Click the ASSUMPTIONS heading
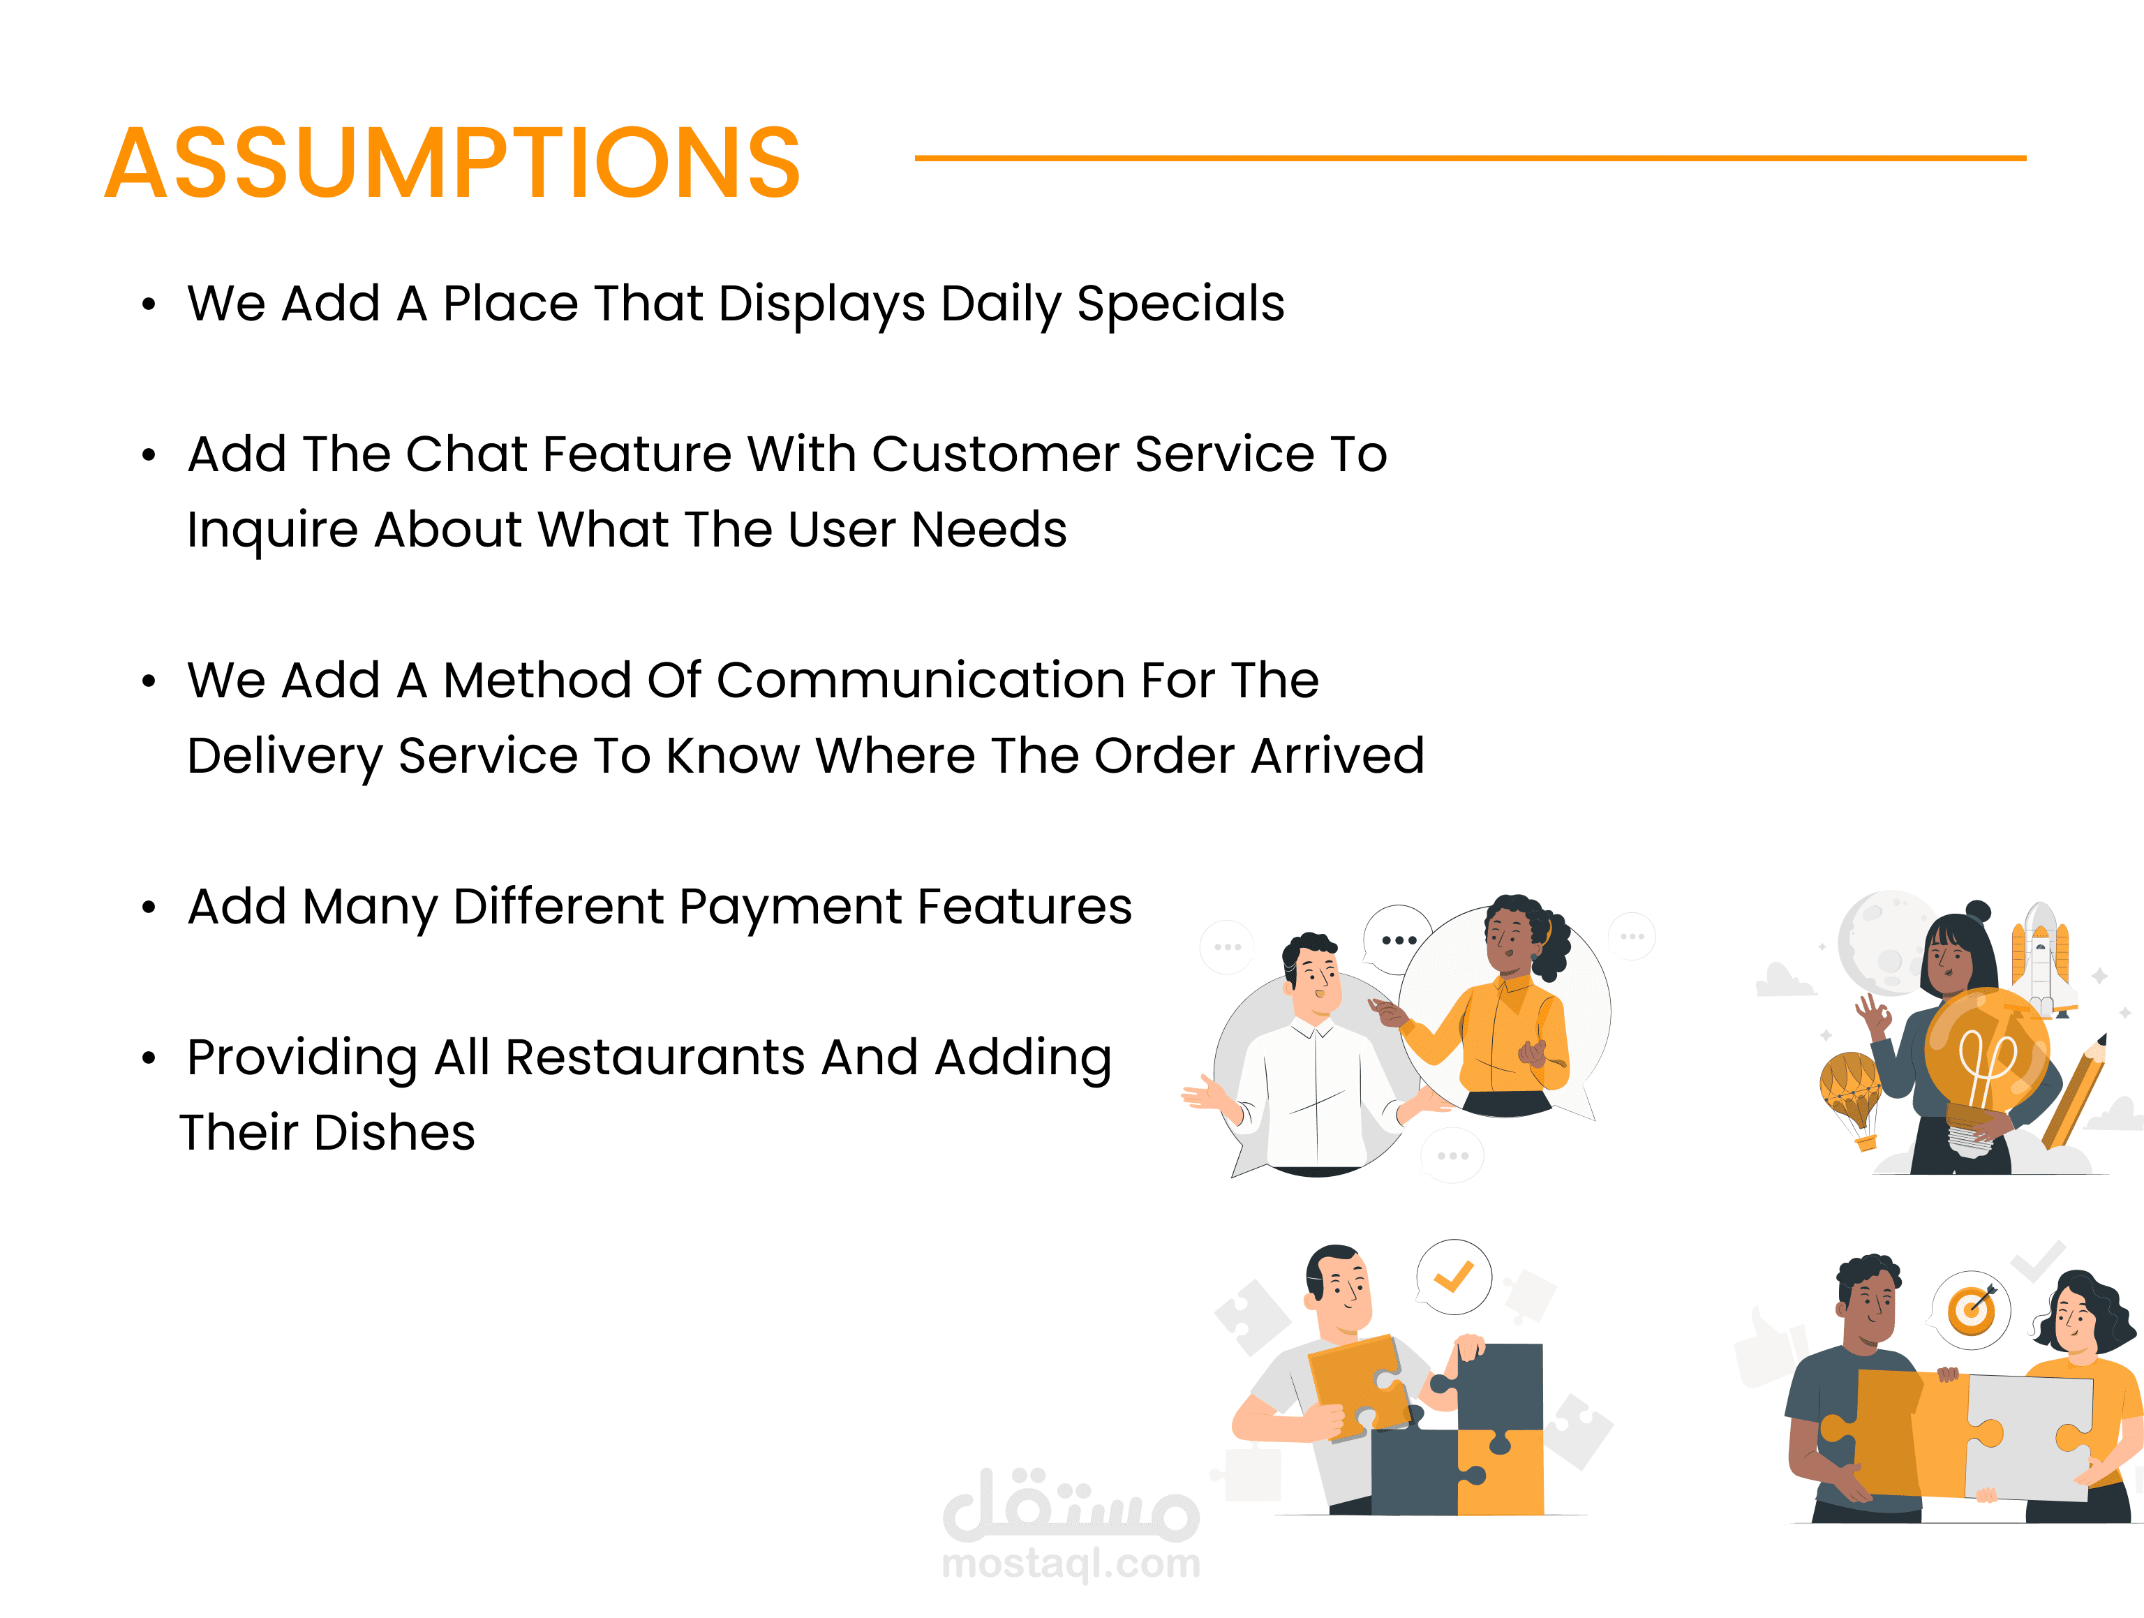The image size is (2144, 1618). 453,162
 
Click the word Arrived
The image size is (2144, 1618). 1338,756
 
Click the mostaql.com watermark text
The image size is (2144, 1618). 1071,1563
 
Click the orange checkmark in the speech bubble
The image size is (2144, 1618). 1453,1276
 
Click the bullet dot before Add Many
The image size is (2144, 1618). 148,908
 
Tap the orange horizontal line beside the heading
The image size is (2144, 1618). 1471,157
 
